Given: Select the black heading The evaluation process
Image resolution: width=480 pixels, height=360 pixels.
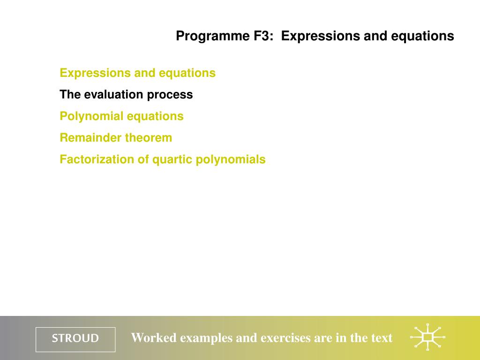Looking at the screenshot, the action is click(x=126, y=95).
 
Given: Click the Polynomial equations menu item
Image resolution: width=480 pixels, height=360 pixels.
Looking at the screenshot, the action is click(x=121, y=116).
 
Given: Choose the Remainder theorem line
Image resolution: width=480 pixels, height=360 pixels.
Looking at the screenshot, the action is click(x=116, y=138).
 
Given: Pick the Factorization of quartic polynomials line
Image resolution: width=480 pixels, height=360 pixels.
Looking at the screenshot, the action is click(x=163, y=159).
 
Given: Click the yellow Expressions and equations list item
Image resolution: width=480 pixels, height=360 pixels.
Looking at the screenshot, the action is click(x=137, y=73).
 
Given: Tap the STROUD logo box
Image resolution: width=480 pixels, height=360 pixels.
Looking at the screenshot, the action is click(x=75, y=339).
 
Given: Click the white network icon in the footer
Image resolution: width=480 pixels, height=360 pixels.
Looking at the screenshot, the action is click(x=427, y=337).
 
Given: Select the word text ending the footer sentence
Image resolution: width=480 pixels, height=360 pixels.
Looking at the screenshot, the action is click(x=382, y=338).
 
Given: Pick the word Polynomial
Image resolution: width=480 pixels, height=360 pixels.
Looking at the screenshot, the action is click(x=91, y=116).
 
